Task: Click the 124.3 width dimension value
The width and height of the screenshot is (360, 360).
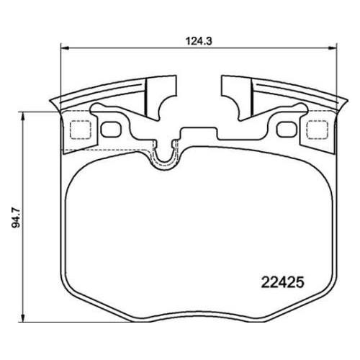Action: click(x=199, y=41)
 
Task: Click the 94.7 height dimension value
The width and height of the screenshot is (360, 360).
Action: click(x=17, y=218)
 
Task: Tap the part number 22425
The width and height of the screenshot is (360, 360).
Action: click(x=282, y=282)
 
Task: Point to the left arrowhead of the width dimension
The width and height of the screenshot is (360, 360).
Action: click(x=65, y=48)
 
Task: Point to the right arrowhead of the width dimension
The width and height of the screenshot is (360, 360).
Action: click(x=333, y=48)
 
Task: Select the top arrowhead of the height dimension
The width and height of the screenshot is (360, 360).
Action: click(x=23, y=116)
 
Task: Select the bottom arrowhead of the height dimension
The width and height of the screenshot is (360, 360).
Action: click(x=23, y=318)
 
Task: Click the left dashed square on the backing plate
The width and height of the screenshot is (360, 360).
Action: click(x=81, y=130)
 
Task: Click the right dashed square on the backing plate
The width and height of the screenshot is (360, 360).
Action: click(x=318, y=130)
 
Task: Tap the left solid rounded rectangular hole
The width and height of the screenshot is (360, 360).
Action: click(x=111, y=130)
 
